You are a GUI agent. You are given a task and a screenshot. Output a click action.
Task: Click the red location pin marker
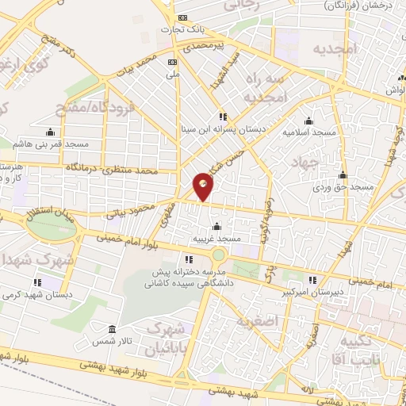[204, 186]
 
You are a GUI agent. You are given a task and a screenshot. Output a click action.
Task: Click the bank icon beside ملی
[172, 61]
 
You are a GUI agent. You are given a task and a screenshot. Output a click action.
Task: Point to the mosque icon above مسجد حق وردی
[343, 175]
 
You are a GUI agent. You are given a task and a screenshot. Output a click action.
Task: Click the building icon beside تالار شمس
[112, 329]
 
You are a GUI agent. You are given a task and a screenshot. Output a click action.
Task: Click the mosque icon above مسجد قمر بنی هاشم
[51, 132]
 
